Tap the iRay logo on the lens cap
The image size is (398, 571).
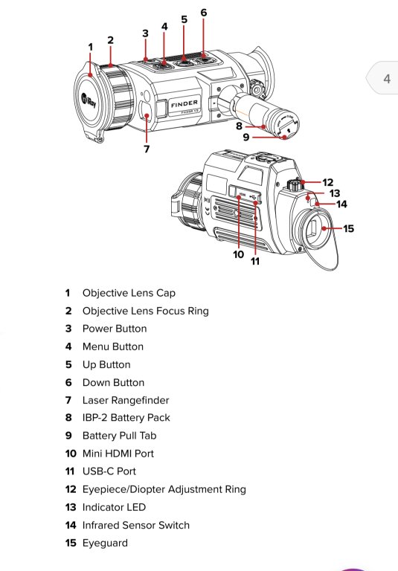click(89, 101)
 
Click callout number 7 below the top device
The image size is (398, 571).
click(147, 149)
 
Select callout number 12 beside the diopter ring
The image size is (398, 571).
click(327, 182)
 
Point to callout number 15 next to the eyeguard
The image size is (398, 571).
click(348, 228)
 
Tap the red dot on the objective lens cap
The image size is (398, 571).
click(90, 75)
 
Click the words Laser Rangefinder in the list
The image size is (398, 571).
click(126, 400)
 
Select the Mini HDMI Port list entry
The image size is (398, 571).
click(118, 454)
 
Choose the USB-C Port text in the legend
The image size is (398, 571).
click(109, 471)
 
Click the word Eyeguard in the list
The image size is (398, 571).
click(105, 543)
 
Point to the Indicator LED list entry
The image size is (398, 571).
click(114, 507)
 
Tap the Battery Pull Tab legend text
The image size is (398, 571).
click(120, 436)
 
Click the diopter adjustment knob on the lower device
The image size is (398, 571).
click(294, 185)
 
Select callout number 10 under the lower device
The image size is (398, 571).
click(238, 254)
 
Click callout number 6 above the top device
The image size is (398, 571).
click(203, 13)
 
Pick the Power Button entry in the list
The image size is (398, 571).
click(115, 329)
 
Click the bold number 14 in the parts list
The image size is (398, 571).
click(71, 525)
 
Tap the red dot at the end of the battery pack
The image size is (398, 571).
click(285, 138)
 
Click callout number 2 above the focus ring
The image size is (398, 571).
click(110, 40)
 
